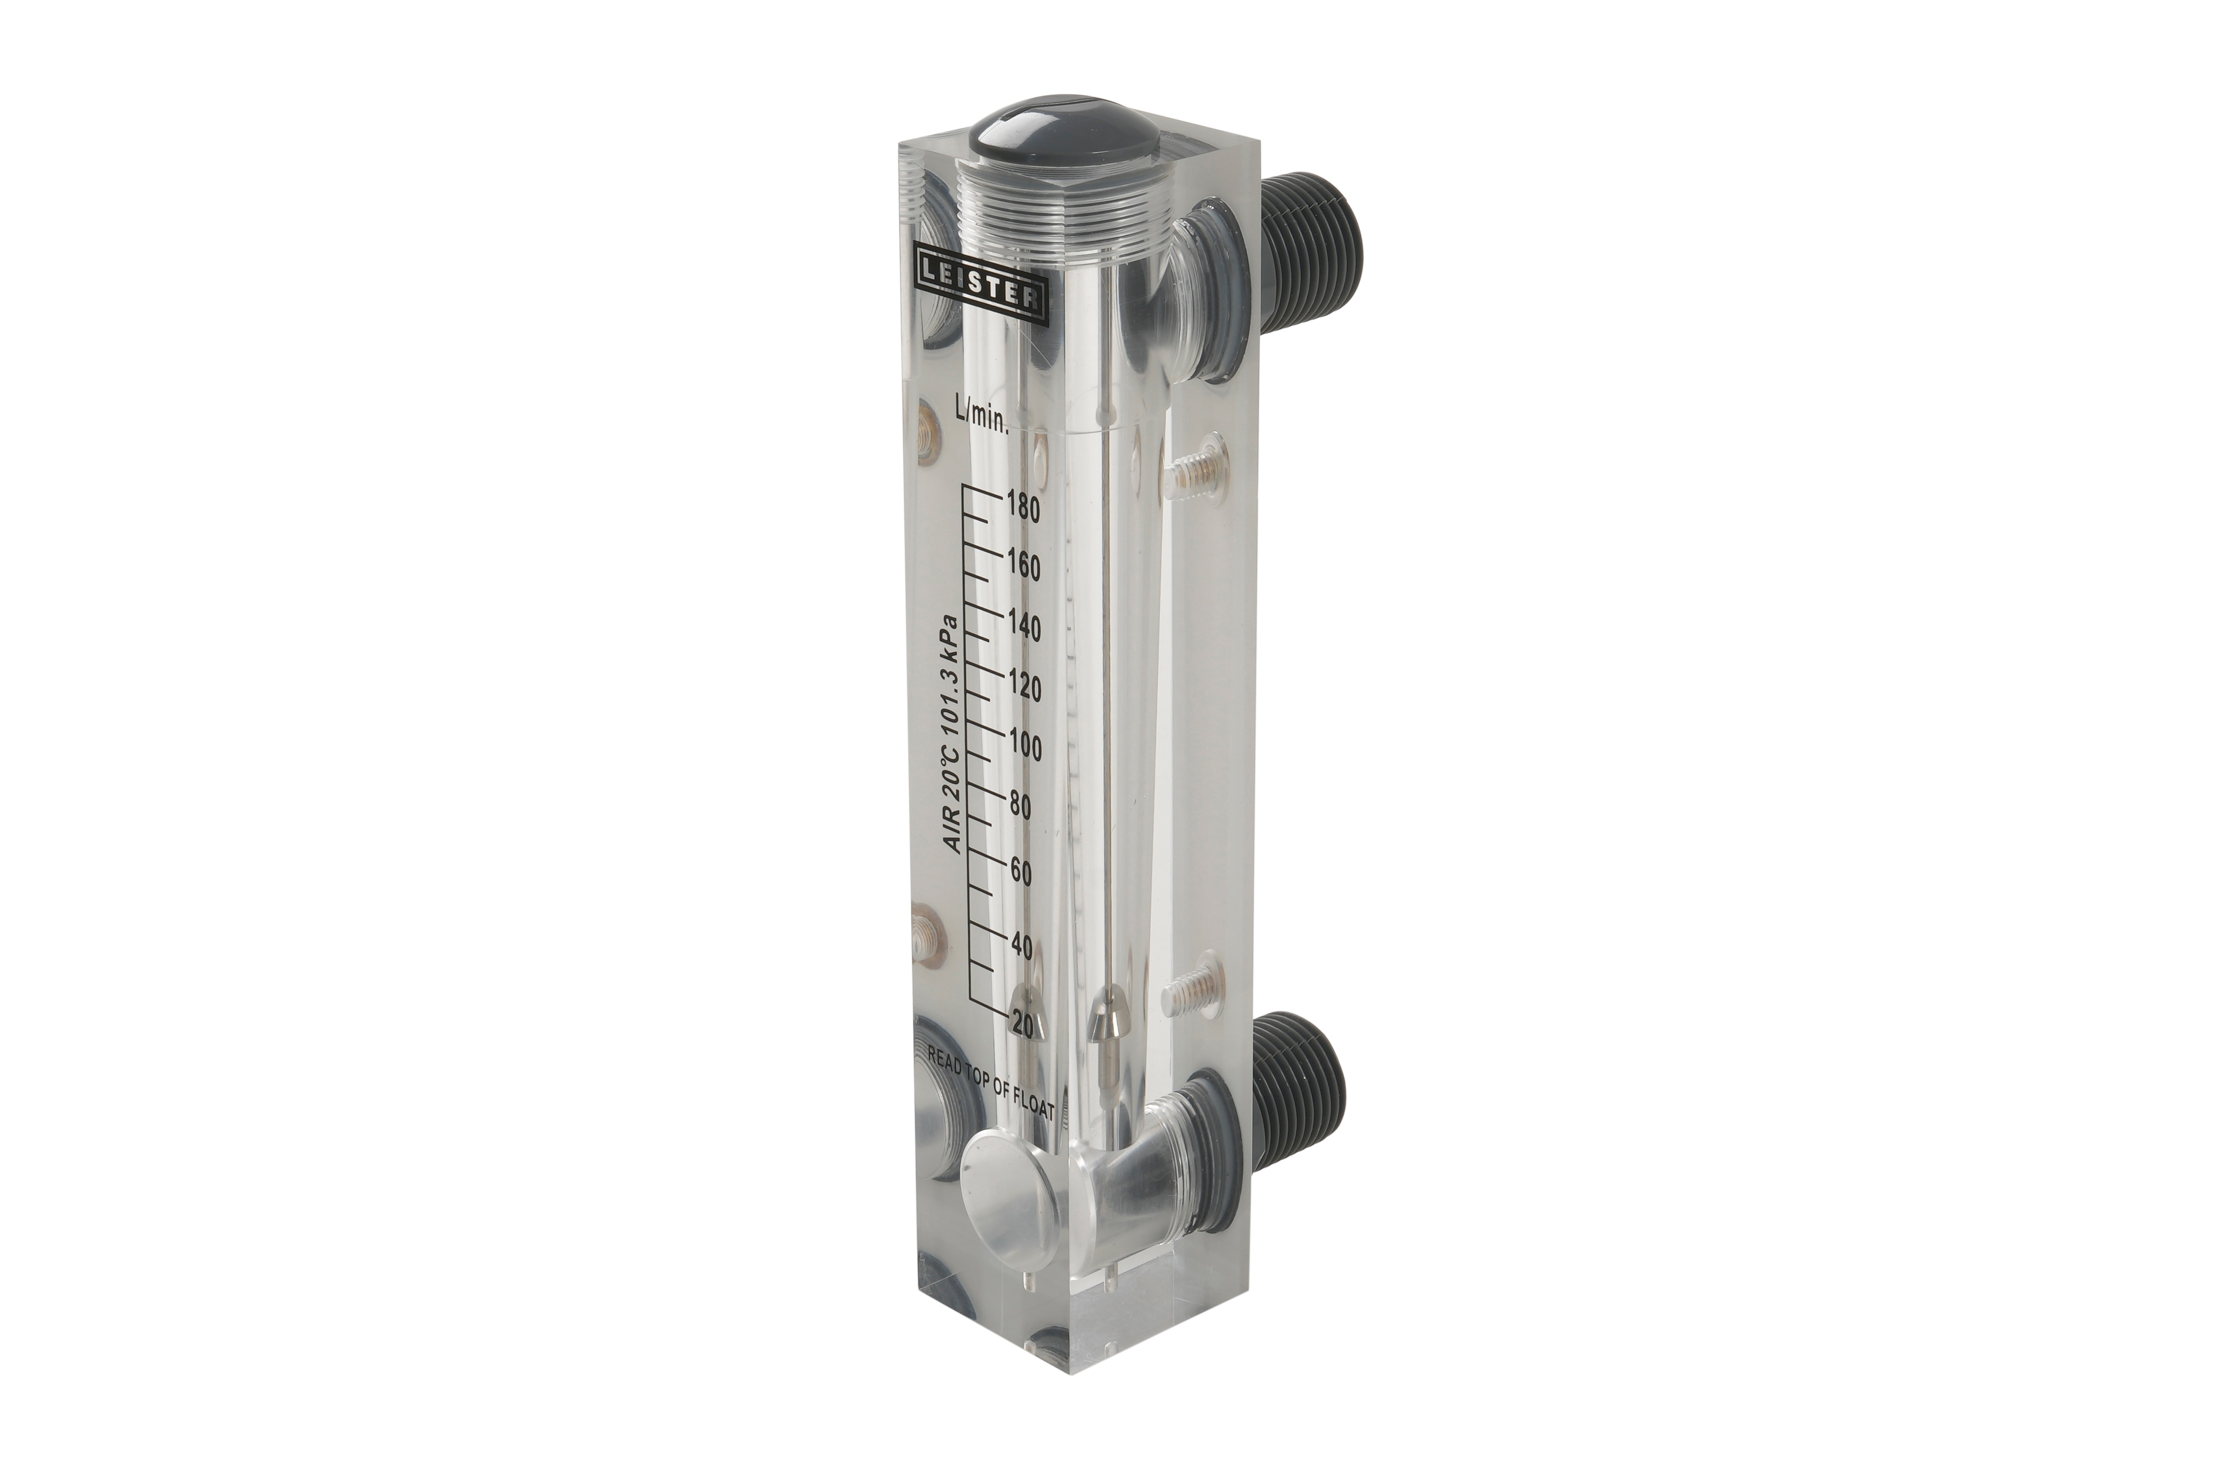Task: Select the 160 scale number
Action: pos(1023,567)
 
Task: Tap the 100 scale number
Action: pos(1024,748)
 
